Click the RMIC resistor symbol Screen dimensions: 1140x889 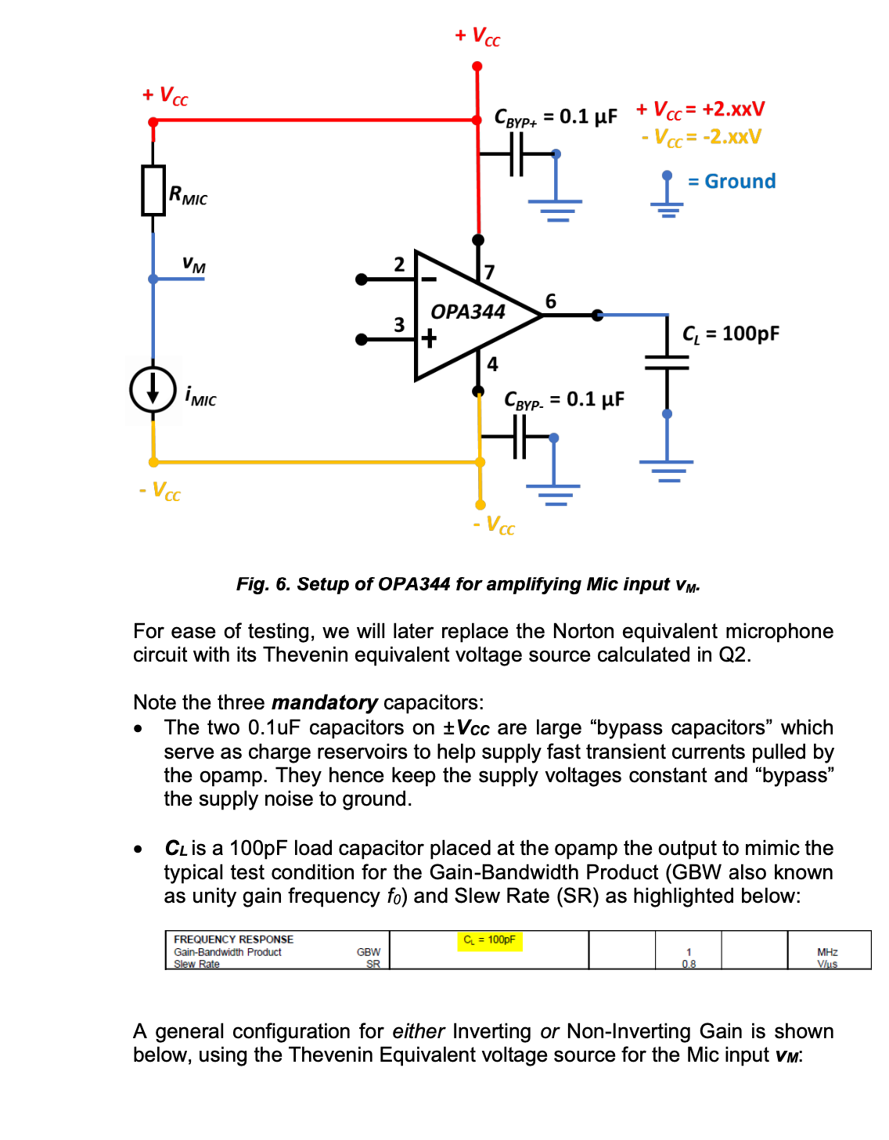[153, 190]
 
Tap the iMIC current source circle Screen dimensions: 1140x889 [153, 389]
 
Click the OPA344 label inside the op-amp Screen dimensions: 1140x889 [468, 312]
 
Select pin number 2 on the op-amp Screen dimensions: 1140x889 [399, 265]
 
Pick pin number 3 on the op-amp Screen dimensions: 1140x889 [399, 324]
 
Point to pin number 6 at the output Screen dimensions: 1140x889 [551, 301]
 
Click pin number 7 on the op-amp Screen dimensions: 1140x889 [489, 272]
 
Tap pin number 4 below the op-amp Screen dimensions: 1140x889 [492, 364]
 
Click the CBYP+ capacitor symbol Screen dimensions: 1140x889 [516, 154]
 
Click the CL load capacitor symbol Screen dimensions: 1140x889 [667, 362]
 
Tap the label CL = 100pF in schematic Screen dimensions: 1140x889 [731, 334]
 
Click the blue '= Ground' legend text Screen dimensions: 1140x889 [732, 182]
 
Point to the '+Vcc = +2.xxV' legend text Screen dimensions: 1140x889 [700, 110]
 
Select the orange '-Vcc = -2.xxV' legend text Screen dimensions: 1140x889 [701, 138]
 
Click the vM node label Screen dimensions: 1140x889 [193, 265]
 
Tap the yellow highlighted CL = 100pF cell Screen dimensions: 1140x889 [489, 940]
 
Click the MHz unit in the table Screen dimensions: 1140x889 [827, 952]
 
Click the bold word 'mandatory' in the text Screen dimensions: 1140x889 [325, 702]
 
